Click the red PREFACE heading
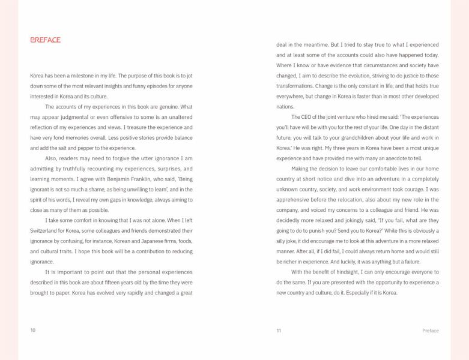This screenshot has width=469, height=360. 45,40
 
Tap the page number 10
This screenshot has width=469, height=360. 33,330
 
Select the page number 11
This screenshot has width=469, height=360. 279,331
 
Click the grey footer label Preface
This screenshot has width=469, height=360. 430,331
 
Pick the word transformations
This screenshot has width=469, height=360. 295,86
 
